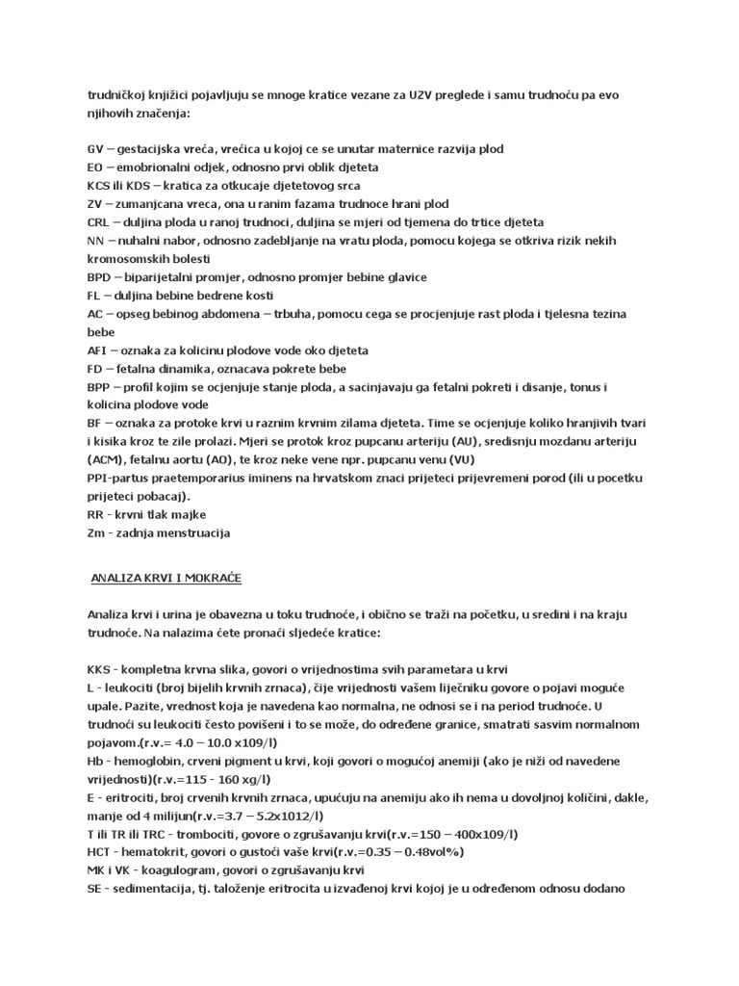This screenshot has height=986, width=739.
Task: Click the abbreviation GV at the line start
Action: coord(94,149)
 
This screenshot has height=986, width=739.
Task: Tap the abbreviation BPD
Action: coord(99,277)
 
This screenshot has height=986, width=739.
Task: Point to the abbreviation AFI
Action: coord(97,350)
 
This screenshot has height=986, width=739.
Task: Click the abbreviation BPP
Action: coord(98,387)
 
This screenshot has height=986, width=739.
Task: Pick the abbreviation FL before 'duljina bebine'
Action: coord(93,296)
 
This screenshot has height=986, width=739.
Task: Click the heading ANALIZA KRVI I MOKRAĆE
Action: coord(166,578)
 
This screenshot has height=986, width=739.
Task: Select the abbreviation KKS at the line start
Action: coord(99,669)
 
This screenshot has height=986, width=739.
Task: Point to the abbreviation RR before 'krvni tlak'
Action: coord(95,515)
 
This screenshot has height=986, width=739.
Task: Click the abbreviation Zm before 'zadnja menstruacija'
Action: coord(96,533)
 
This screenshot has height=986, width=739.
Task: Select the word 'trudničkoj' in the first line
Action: coord(118,95)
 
